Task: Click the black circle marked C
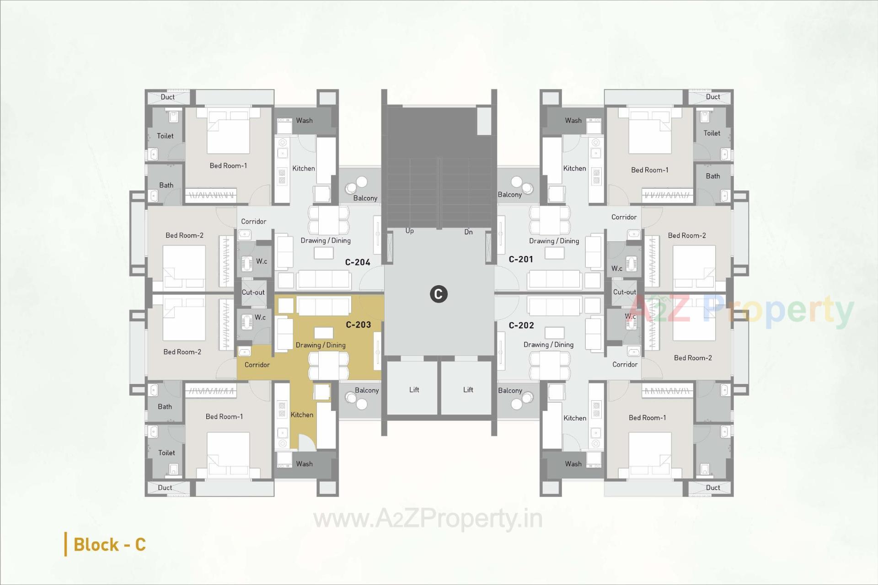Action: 438,294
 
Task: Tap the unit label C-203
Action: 358,325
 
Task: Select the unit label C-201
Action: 521,259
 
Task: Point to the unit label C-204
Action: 357,262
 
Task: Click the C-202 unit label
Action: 521,325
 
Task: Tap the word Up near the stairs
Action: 409,231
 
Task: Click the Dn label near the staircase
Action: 468,232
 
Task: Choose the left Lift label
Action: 414,389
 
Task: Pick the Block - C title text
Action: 109,544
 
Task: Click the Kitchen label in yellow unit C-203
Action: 302,415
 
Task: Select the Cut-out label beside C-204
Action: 253,292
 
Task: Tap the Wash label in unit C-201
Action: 573,121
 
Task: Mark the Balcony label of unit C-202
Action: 510,390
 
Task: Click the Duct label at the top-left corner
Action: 167,97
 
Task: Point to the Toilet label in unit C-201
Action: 712,133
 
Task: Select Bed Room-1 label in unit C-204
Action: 228,165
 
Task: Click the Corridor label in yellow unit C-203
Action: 257,365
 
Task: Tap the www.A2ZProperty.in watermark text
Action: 428,519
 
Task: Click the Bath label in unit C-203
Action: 165,406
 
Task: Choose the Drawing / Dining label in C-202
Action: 548,345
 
